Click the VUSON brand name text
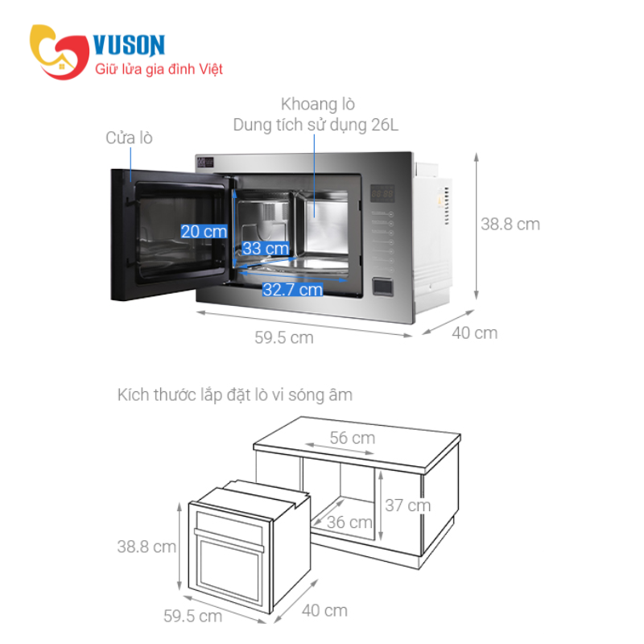129,44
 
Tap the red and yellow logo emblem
59,52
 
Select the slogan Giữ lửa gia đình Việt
159,69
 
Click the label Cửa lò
129,138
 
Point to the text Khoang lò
318,105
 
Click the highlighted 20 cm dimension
204,231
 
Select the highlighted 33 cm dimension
266,248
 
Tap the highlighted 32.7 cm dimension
292,290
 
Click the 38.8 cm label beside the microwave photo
510,225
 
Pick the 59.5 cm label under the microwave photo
284,337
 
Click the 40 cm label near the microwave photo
475,332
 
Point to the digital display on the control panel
382,193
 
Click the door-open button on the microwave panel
382,287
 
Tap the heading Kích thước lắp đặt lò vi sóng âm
235,394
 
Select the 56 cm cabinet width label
353,438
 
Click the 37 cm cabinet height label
408,506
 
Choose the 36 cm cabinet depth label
349,522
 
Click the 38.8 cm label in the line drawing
147,547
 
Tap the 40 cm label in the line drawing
324,610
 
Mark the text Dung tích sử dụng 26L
316,125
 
